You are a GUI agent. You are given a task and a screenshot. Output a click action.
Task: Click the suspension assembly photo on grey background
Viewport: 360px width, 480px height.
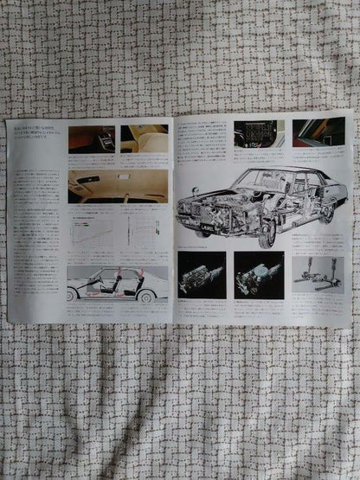[317, 270]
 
